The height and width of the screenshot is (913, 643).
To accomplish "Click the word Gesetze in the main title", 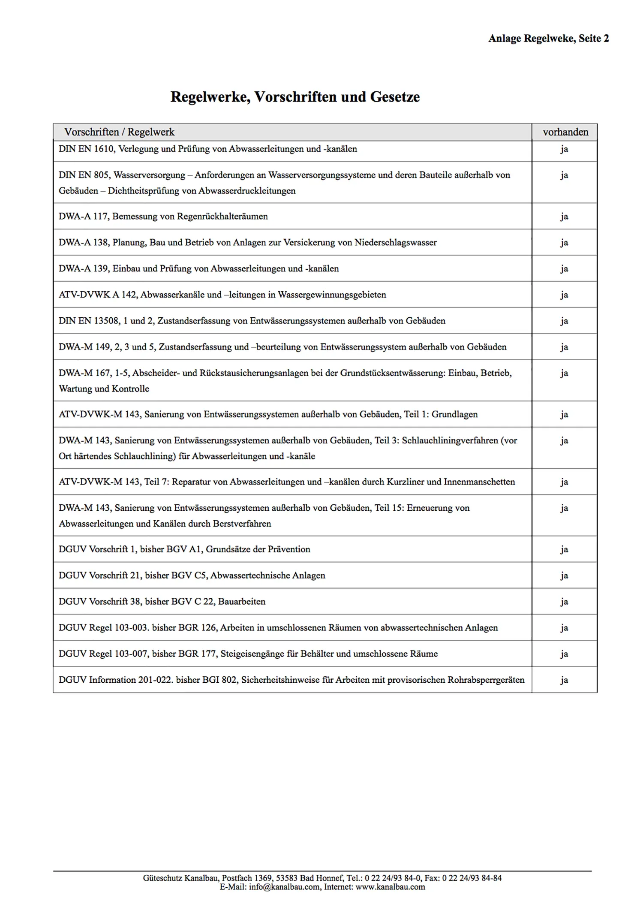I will pos(394,97).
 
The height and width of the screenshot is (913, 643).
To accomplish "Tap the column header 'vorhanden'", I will pos(565,132).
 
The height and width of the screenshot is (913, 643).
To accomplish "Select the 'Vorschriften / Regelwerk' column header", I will pos(119,132).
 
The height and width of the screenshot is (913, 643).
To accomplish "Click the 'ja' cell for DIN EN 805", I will pos(564,175).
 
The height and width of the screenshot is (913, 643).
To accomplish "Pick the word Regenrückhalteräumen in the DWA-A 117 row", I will pos(222,217).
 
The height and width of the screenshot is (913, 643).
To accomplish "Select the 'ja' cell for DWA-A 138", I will pos(564,243).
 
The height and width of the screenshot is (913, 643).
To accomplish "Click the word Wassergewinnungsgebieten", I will pos(332,295).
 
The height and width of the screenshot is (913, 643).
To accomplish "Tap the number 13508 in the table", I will pos(105,321).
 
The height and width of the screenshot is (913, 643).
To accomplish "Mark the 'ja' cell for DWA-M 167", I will pos(564,373).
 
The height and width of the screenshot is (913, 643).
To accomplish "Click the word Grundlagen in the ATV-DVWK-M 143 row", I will pos(454,415).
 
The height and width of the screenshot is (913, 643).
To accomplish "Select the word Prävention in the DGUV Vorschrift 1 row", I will pos(289,550).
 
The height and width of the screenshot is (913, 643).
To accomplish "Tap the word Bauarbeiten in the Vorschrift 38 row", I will pos(242,602).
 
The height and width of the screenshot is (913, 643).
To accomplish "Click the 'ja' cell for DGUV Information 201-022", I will pos(564,680).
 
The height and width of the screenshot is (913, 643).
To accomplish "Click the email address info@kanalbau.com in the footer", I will pos(284,887).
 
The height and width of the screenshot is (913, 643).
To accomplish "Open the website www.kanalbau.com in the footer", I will pos(390,887).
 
